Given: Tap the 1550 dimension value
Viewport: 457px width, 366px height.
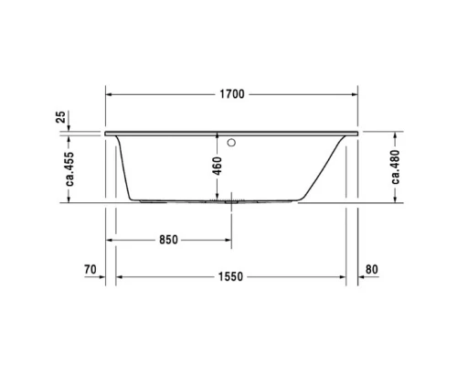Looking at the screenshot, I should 229,275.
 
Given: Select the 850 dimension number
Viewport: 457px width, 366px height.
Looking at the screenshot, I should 167,240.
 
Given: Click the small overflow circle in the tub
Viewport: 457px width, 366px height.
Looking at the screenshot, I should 231,142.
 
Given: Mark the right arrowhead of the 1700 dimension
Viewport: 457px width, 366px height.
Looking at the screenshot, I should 354,93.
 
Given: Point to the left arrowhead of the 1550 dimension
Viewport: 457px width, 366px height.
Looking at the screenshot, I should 120,275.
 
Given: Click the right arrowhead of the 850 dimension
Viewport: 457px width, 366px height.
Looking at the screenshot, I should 226,240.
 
